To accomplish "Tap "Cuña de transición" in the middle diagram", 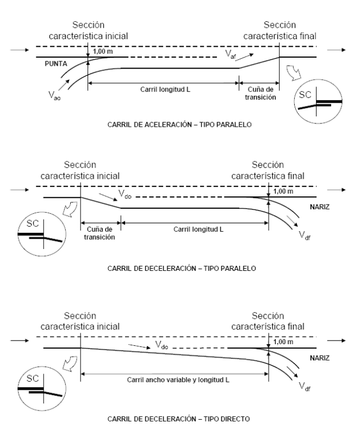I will (x=101, y=234).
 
